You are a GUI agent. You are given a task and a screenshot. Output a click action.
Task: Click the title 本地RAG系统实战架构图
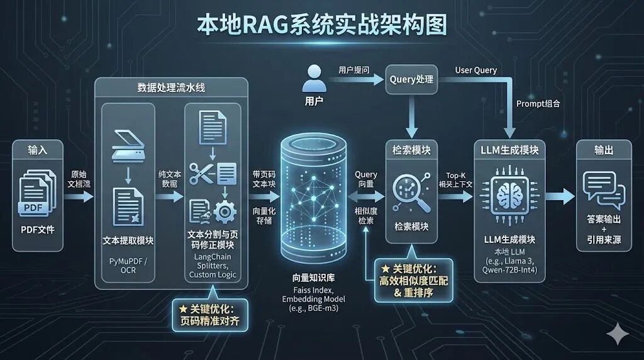[322, 25]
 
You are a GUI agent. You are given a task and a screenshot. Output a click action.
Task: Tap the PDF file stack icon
[38, 195]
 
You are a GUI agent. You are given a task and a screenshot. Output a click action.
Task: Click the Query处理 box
[411, 79]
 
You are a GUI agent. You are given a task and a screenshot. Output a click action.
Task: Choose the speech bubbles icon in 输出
[603, 189]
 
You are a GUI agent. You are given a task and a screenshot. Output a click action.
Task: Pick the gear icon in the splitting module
[225, 211]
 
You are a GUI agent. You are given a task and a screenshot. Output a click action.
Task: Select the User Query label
[476, 70]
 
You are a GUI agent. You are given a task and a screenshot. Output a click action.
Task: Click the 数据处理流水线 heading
[171, 87]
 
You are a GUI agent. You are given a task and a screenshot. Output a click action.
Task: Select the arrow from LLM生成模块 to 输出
[560, 196]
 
